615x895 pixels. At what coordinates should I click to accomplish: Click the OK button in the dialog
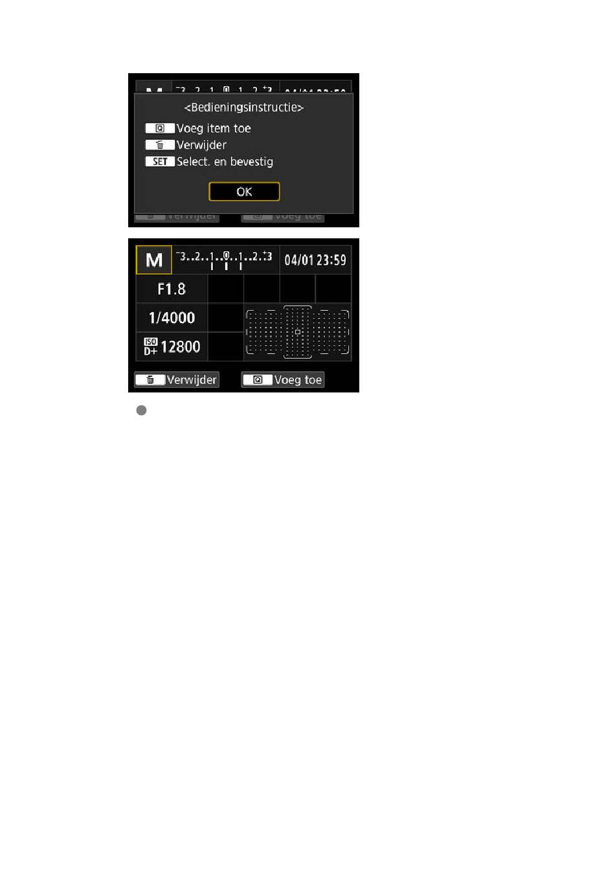point(244,192)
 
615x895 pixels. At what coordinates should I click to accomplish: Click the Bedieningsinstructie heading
point(244,108)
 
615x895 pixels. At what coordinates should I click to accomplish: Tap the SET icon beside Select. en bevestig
point(160,162)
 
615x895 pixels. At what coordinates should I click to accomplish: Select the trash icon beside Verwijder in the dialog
point(160,145)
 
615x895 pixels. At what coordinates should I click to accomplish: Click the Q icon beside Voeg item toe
point(160,128)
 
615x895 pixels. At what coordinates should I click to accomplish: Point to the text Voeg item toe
point(214,128)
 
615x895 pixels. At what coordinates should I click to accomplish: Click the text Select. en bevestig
point(225,162)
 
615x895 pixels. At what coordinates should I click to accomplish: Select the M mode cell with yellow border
point(154,260)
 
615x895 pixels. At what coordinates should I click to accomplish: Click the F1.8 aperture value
point(172,289)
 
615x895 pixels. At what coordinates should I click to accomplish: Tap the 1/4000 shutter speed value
point(172,318)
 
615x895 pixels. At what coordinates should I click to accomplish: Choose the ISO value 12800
point(181,347)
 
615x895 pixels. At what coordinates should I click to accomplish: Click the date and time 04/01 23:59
point(315,260)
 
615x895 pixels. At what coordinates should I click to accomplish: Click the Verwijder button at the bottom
point(177,380)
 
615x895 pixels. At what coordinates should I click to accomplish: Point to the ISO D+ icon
point(150,346)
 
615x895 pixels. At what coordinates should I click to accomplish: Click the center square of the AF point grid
point(298,332)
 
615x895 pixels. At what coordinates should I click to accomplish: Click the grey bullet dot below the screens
point(141,411)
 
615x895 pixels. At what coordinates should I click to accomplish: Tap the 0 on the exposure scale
point(226,256)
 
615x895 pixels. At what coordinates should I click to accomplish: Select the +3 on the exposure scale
point(267,256)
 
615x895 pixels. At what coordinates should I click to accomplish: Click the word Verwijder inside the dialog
point(201,145)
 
